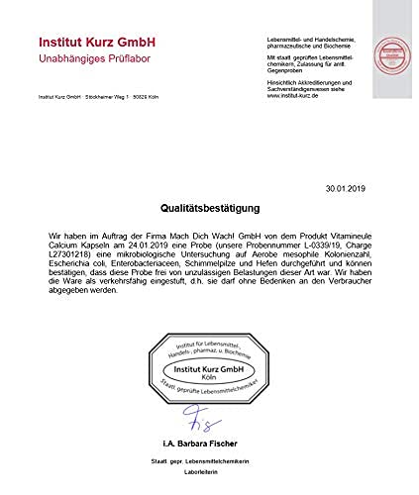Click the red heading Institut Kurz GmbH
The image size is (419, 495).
tap(95, 43)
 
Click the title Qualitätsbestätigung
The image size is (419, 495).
tap(209, 209)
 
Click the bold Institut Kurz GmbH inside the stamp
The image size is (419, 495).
tap(210, 368)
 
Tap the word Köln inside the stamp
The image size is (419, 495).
tap(209, 377)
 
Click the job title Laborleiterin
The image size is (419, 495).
tap(209, 472)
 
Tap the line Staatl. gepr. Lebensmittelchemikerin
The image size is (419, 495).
tap(209, 460)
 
